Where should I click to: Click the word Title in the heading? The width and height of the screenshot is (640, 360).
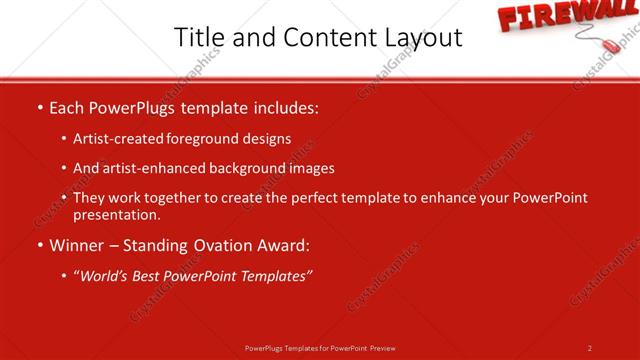(198, 38)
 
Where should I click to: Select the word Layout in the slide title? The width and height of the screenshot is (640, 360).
(420, 38)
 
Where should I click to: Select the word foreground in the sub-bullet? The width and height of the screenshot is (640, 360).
(209, 139)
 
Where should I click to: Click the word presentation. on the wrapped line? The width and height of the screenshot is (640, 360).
(116, 215)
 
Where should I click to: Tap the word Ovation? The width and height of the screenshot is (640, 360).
(223, 245)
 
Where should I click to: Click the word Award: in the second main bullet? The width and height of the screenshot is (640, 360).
(282, 245)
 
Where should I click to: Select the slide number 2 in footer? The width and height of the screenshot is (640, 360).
(590, 348)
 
